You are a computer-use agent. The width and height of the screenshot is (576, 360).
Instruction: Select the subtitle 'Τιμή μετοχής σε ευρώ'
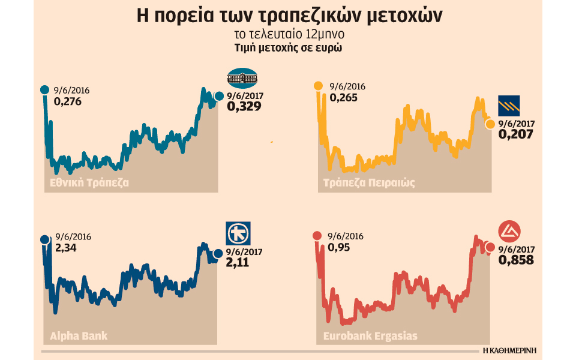pos(288,49)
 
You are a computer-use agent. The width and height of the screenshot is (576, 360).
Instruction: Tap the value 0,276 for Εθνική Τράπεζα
pos(68,101)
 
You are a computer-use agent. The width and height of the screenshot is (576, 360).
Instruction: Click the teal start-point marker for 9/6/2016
pos(44,90)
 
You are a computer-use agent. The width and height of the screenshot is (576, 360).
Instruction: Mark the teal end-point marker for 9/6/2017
pos(218,96)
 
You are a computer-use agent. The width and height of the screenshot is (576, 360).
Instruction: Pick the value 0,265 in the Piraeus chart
pos(343,97)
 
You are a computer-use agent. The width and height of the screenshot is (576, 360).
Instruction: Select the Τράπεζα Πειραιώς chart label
pos(368,182)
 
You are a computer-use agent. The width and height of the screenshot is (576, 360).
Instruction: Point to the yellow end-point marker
pos(490,124)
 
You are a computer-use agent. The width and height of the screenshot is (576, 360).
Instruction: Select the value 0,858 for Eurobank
pos(516,260)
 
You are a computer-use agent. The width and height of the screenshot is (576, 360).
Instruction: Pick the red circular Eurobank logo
pos(511,232)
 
